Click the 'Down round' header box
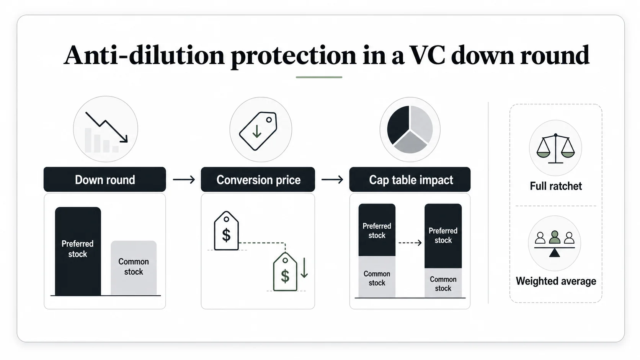[x=104, y=179]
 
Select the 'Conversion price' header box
[x=258, y=179]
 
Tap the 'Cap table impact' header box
[x=410, y=179]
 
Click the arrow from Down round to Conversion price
[x=184, y=179]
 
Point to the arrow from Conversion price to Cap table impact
[x=332, y=179]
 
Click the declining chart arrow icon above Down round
[x=106, y=127]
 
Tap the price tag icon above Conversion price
[x=258, y=131]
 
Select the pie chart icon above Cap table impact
[x=410, y=129]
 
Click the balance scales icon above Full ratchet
[x=555, y=148]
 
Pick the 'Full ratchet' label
[x=556, y=186]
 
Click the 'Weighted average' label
[x=556, y=281]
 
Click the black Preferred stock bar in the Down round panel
[x=78, y=251]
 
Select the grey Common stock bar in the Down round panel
[x=134, y=268]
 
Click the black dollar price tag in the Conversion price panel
[x=226, y=231]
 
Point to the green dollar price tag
[x=285, y=272]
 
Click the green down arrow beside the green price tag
[x=304, y=267]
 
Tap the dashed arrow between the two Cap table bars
[x=410, y=243]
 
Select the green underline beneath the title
[x=319, y=77]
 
